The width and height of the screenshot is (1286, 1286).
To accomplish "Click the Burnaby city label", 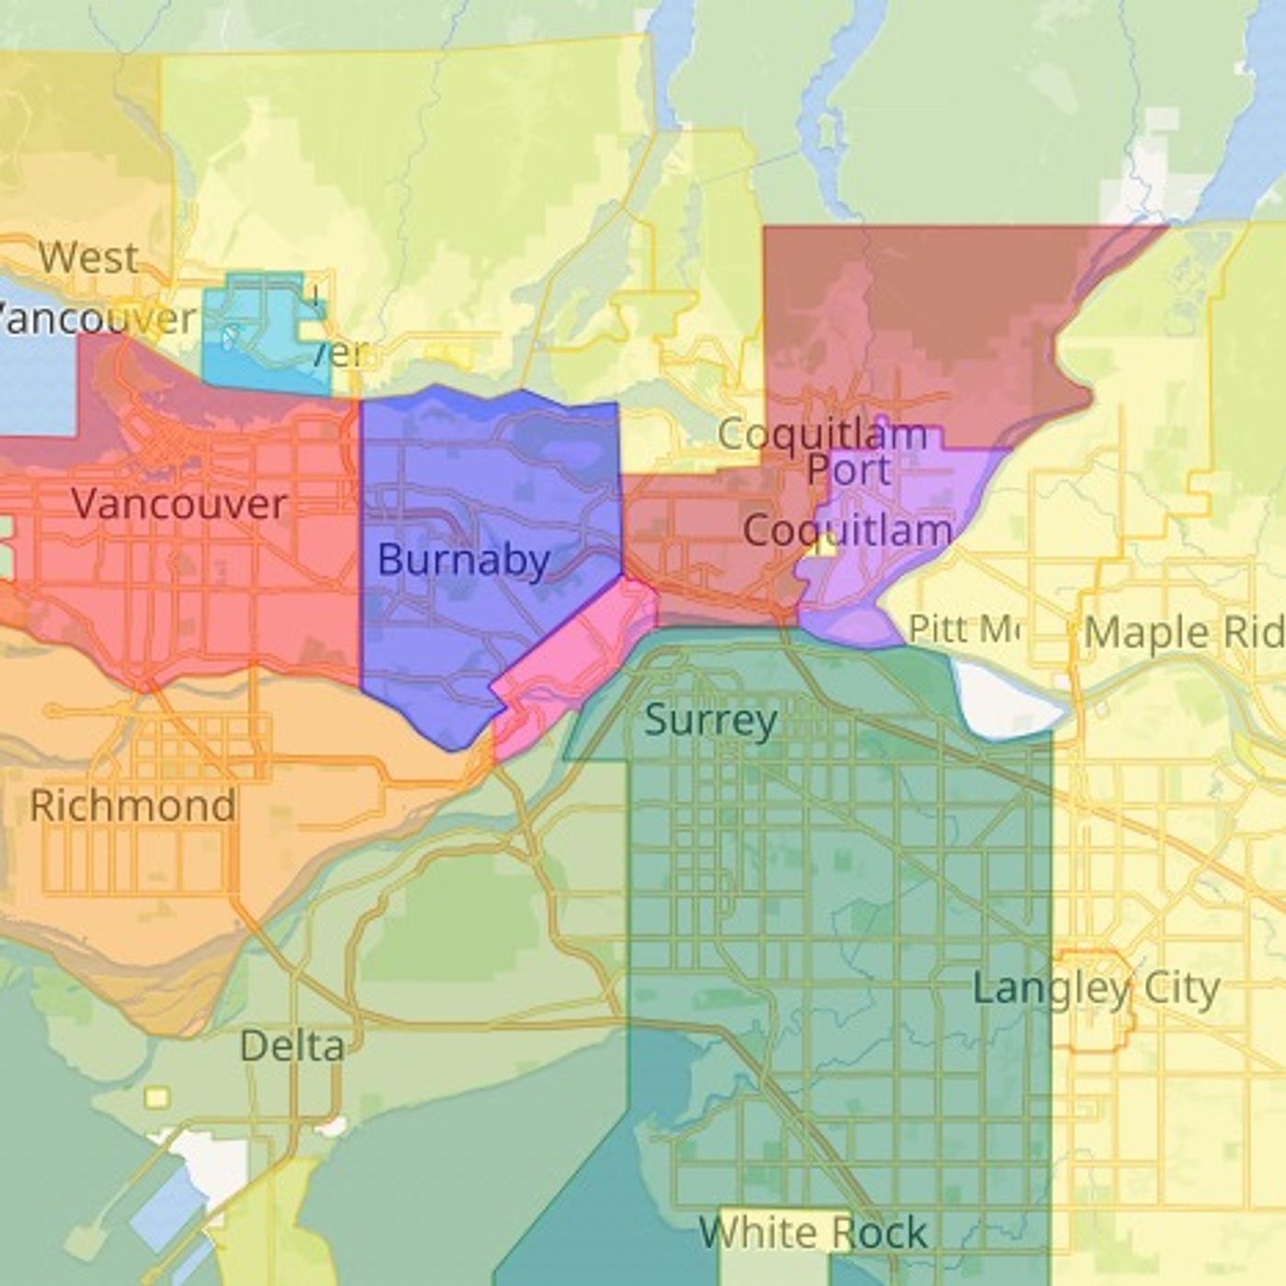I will tap(463, 559).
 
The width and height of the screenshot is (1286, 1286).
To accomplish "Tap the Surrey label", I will tap(710, 720).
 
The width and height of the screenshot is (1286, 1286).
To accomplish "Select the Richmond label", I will tap(132, 807).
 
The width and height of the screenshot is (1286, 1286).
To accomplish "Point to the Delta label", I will tap(292, 1045).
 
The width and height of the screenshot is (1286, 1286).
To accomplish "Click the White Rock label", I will tap(813, 1233).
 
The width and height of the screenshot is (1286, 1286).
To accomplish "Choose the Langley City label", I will tap(1096, 989).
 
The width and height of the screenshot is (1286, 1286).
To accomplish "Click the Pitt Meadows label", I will tap(963, 629).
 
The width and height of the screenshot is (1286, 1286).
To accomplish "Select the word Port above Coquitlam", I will tap(849, 470).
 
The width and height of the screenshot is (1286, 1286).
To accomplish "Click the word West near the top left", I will tap(88, 257).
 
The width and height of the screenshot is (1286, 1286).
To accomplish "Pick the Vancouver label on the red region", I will tap(179, 504).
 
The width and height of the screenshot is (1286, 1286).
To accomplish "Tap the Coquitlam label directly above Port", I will tap(822, 434).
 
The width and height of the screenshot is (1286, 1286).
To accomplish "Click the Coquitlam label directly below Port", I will tap(847, 530).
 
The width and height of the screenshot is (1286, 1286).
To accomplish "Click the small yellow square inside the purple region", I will tap(825, 546).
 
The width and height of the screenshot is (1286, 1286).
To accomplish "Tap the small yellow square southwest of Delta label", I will tap(157, 1098).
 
